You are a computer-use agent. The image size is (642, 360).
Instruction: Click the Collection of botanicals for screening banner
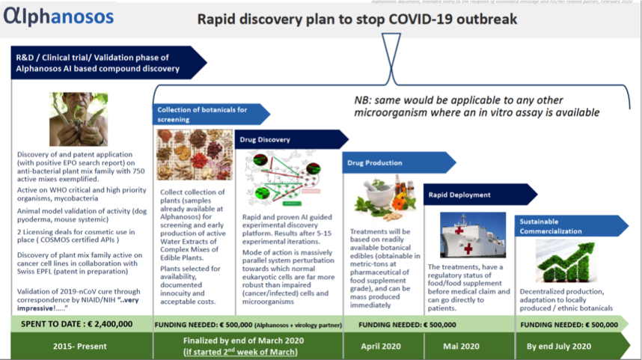209,114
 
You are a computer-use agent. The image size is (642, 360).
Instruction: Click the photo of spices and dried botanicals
195,155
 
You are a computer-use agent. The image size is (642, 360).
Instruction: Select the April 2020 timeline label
382,346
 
